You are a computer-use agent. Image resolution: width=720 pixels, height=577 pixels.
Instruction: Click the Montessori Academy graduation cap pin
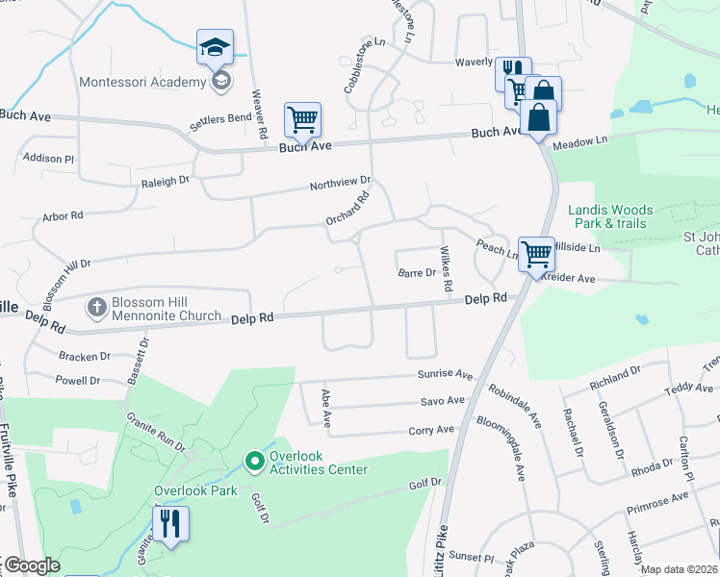point(215,46)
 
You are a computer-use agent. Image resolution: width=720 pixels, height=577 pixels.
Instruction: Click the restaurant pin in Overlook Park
point(171,525)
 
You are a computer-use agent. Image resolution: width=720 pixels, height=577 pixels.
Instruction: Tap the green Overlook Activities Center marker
point(255,463)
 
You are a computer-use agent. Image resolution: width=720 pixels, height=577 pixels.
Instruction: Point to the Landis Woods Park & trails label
point(610,216)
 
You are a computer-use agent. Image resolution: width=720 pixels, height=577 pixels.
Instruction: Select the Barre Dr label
point(418,273)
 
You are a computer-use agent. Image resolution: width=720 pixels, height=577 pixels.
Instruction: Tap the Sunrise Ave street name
point(445,374)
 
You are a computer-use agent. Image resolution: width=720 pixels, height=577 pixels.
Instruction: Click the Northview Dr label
point(340,183)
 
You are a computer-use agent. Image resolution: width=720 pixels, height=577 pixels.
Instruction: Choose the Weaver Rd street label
point(258,113)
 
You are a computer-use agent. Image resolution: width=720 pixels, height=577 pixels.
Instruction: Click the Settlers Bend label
point(219,118)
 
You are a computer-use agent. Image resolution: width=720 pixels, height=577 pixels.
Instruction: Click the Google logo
point(32,566)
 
